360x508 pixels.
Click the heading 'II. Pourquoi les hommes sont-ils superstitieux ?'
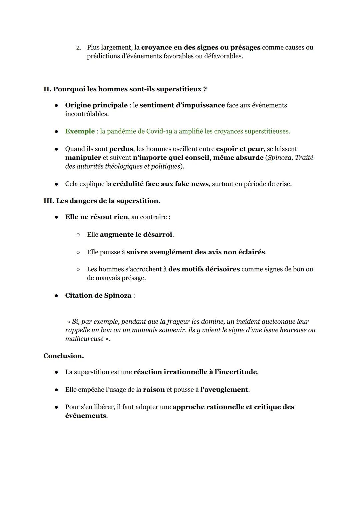[125, 89]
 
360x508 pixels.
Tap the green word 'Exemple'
[80, 131]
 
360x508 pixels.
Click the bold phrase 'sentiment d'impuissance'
[182, 105]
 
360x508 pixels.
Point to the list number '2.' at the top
[79, 48]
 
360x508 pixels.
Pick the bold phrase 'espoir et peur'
[239, 149]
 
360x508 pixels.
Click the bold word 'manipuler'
[83, 158]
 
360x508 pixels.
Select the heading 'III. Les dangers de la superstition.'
[102, 201]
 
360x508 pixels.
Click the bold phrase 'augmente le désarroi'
[136, 235]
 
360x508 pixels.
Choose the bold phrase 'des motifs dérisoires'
[204, 269]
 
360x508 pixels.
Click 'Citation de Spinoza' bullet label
[98, 296]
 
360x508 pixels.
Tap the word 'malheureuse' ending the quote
[84, 339]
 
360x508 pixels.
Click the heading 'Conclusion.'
[63, 356]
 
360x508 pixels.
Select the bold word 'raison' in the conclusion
[154, 390]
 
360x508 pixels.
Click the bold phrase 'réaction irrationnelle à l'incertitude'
[195, 372]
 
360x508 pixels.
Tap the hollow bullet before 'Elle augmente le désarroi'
[78, 235]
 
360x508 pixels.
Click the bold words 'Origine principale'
[96, 105]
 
